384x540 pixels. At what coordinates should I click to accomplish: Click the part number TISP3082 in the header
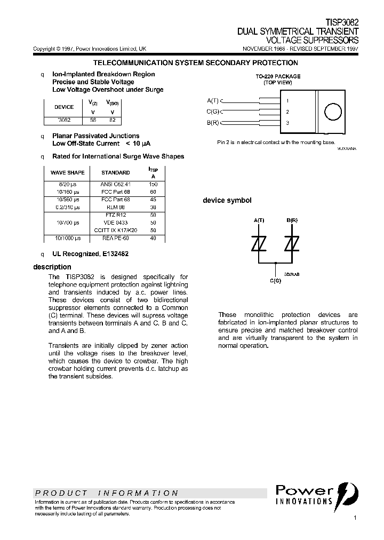(342, 24)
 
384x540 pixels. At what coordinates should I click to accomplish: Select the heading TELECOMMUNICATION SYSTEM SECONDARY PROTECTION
(195, 63)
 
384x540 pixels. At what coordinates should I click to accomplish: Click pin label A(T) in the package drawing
(213, 100)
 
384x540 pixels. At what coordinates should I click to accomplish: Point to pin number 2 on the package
(287, 112)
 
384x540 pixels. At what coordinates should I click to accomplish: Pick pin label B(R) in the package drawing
(213, 123)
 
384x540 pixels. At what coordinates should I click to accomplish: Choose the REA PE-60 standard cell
(115, 238)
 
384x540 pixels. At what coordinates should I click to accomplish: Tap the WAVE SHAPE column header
(67, 173)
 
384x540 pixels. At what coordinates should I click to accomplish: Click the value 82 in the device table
(112, 120)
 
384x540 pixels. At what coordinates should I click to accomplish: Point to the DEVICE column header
(65, 107)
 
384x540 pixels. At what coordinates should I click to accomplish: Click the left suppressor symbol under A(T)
(259, 243)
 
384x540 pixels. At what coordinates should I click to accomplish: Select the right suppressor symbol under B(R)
(292, 243)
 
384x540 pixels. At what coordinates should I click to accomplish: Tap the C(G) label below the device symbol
(275, 281)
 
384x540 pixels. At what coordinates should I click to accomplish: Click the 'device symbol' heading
(227, 201)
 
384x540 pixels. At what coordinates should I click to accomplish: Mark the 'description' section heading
(52, 267)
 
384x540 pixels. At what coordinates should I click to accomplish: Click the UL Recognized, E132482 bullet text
(90, 254)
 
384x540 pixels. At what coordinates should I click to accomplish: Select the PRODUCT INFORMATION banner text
(107, 493)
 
